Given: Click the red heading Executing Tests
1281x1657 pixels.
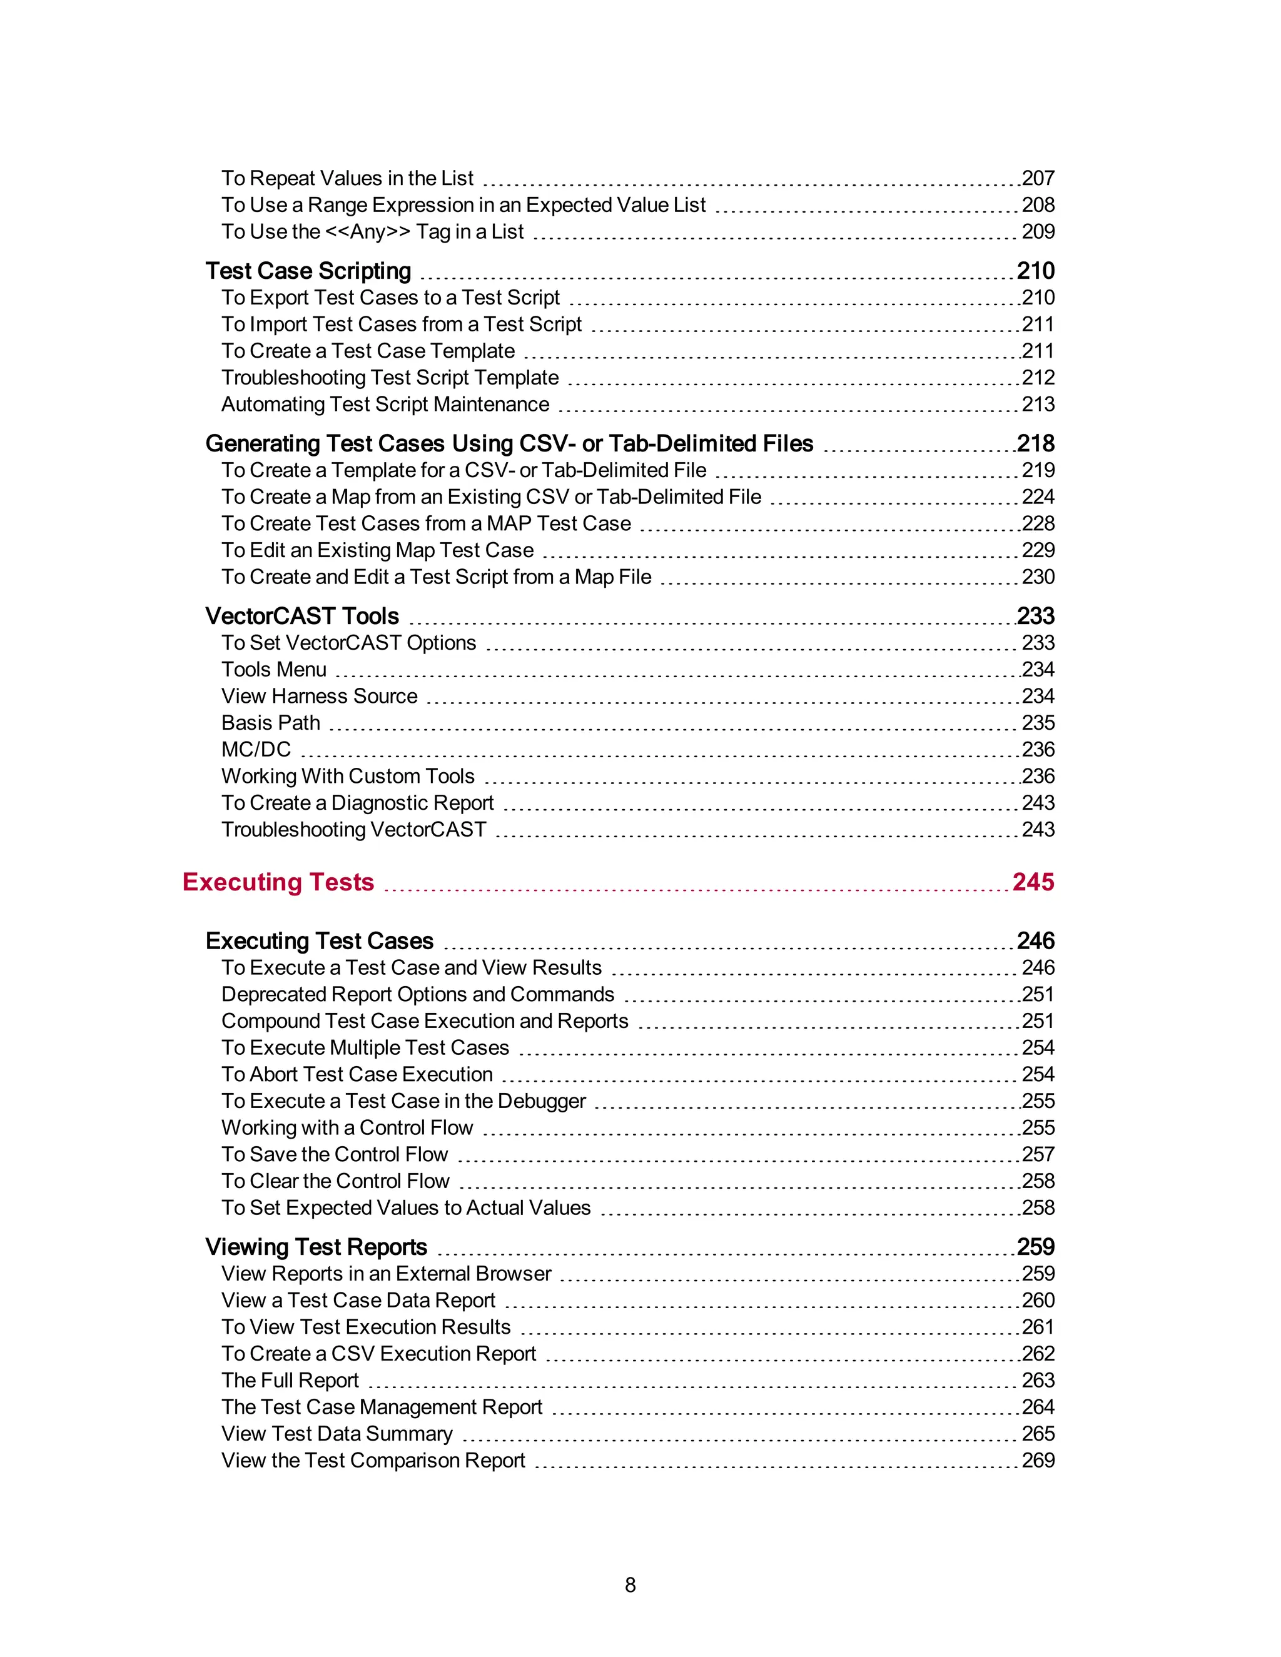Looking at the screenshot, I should (278, 882).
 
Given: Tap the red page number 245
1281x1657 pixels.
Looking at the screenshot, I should (1033, 882).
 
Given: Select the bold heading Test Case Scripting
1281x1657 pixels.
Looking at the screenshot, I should (308, 271).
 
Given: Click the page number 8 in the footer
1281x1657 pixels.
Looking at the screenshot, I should (630, 1585).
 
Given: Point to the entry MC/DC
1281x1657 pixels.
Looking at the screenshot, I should (256, 750).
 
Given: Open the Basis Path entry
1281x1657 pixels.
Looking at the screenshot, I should (270, 722).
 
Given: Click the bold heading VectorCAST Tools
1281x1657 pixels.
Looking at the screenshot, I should (302, 616).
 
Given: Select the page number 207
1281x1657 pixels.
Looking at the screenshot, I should (1038, 178).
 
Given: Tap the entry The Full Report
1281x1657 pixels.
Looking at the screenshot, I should (290, 1380).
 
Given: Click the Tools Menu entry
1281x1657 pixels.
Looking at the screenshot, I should (273, 669).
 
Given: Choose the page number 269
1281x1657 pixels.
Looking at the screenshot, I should (1038, 1460).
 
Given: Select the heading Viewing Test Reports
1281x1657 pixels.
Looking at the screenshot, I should (316, 1247).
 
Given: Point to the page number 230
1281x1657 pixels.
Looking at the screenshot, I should (1038, 577).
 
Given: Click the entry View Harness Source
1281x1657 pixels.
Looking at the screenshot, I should (319, 696).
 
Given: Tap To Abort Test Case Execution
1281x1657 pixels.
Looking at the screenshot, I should (357, 1074).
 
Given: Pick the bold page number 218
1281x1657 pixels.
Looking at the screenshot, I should (1036, 443).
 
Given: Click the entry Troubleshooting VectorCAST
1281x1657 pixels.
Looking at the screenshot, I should (353, 829).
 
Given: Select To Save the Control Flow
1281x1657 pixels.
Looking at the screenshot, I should (334, 1154).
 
